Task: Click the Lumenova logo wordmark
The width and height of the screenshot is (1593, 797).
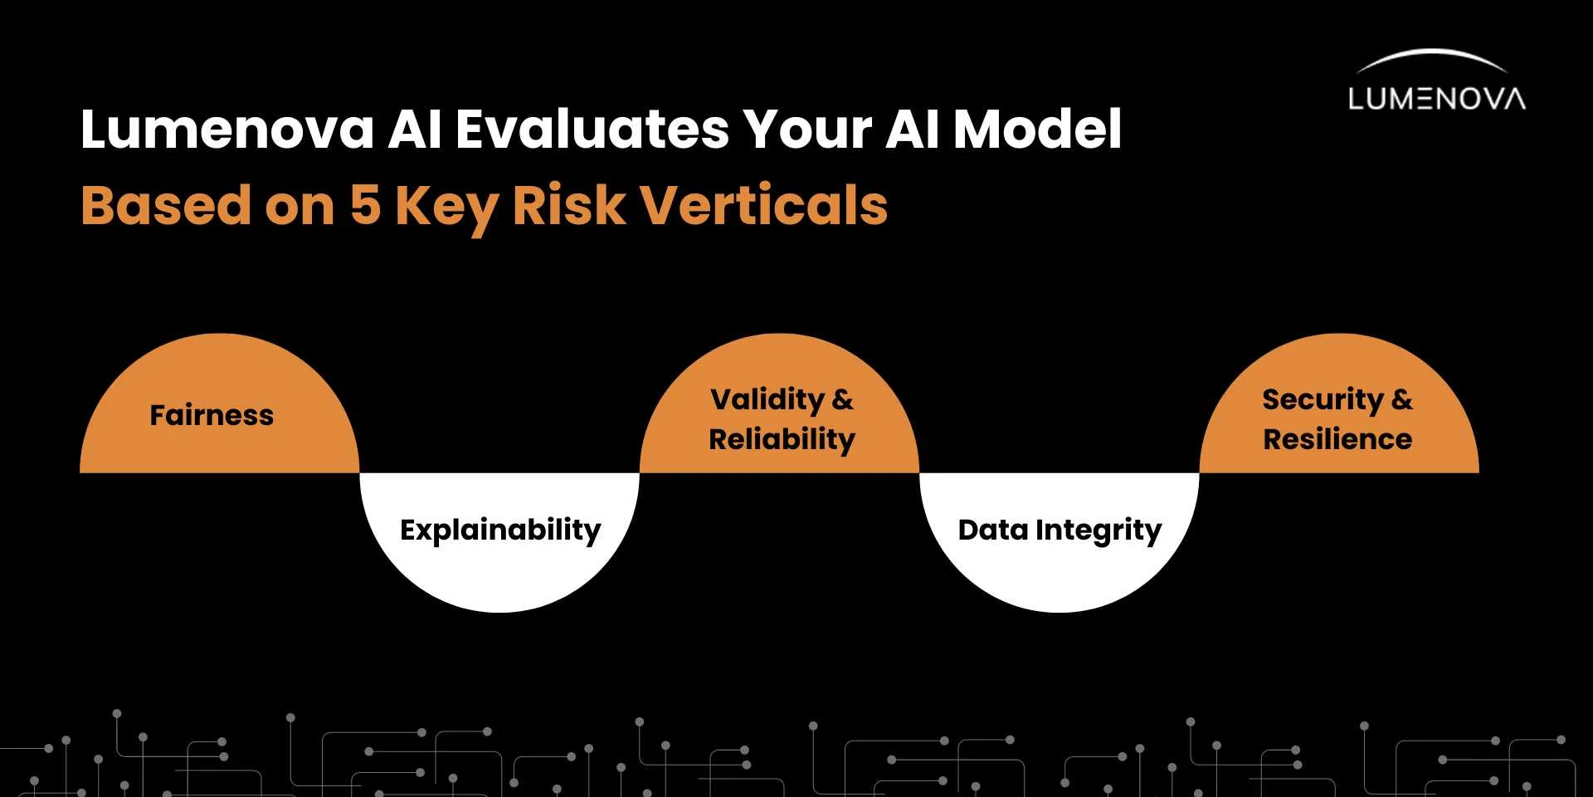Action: click(1437, 99)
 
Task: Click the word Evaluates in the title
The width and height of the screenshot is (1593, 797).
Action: click(592, 130)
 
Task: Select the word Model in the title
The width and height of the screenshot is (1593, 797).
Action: click(1037, 130)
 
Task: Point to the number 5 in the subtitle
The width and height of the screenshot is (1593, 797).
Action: click(365, 205)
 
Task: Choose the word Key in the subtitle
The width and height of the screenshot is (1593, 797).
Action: click(446, 209)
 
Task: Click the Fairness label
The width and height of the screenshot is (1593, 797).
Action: click(212, 414)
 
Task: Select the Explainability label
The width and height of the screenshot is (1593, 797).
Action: click(500, 531)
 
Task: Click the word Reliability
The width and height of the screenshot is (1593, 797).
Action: click(782, 440)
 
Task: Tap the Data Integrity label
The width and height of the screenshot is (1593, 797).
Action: click(1060, 531)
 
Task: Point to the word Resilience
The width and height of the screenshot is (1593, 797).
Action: click(1337, 439)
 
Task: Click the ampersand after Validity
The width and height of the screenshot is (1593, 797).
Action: click(843, 399)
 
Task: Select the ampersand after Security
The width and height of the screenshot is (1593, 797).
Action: click(1402, 399)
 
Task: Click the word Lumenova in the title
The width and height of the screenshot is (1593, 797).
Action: click(227, 130)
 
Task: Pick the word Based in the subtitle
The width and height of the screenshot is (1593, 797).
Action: click(166, 205)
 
